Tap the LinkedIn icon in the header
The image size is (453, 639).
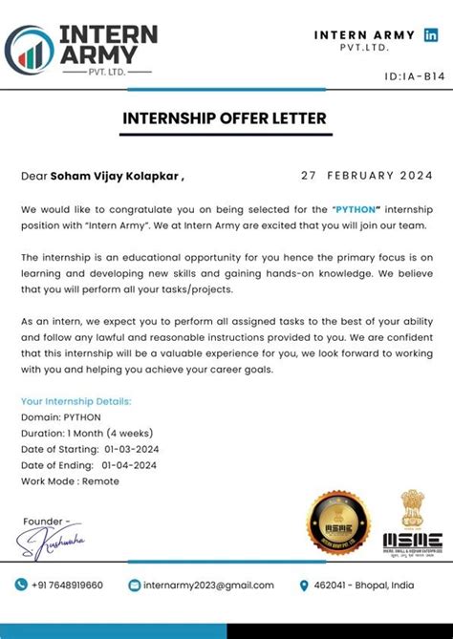(x=432, y=35)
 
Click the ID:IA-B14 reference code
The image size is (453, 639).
(x=415, y=75)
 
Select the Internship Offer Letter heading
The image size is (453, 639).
(x=225, y=118)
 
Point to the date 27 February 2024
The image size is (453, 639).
(x=366, y=176)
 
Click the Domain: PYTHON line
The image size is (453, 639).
(x=60, y=417)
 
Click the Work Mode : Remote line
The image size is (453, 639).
(x=70, y=481)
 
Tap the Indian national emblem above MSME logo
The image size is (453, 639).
(x=410, y=509)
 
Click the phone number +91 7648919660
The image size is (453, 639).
(x=67, y=585)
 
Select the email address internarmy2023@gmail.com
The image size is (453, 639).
(x=208, y=585)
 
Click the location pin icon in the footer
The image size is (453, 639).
(x=305, y=585)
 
